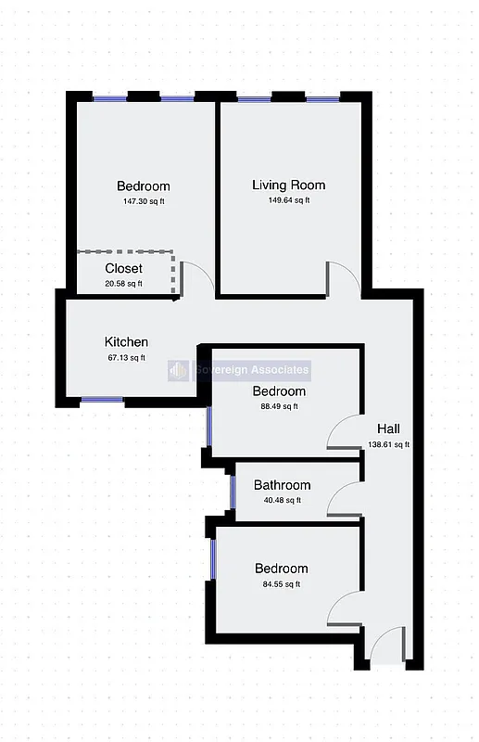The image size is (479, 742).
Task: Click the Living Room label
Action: click(x=288, y=185)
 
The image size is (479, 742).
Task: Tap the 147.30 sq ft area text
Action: click(x=144, y=201)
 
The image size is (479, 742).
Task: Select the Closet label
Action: click(x=123, y=269)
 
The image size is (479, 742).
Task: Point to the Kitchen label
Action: click(x=126, y=342)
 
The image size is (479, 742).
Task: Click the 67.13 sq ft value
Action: click(x=126, y=358)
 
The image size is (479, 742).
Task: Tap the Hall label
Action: click(x=388, y=429)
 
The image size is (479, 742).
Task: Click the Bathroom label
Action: click(x=282, y=485)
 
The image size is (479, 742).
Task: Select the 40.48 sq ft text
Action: click(x=282, y=501)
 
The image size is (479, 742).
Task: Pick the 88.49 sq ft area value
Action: click(x=279, y=406)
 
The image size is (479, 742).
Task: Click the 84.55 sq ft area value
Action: click(x=281, y=584)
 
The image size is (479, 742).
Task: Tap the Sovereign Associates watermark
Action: click(x=239, y=370)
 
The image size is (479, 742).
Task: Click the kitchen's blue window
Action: click(x=101, y=401)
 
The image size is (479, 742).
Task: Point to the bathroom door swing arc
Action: click(x=343, y=501)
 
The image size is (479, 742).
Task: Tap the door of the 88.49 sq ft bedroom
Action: click(x=343, y=431)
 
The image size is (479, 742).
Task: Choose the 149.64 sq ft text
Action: click(x=288, y=200)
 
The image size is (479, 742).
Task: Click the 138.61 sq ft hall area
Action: click(x=388, y=444)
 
